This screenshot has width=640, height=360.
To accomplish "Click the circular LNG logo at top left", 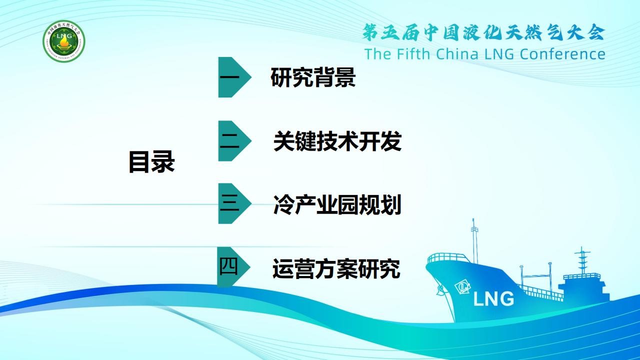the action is click(64, 41).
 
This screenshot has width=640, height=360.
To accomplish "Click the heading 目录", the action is click(151, 161).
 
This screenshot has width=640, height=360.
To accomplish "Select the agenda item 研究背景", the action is click(313, 77).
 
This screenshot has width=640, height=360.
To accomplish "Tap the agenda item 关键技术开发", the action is click(337, 141).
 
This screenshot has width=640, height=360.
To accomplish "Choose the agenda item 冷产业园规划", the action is click(337, 204).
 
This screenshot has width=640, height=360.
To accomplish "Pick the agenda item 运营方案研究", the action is click(336, 268).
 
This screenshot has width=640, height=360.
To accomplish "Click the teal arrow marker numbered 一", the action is click(234, 77).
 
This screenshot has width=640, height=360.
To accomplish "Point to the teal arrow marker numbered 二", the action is click(234, 141).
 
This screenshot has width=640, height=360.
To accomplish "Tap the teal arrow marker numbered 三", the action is click(234, 203).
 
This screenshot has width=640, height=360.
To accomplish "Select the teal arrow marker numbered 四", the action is click(233, 267).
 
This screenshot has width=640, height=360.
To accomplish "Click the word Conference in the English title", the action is click(562, 54).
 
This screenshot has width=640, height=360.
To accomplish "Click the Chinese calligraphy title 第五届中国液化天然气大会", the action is click(483, 32).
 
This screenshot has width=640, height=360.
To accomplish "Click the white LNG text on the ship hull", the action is click(493, 299).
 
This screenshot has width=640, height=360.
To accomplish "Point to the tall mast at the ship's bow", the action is click(474, 241).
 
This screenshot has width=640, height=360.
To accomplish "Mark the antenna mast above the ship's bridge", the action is click(582, 260).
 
